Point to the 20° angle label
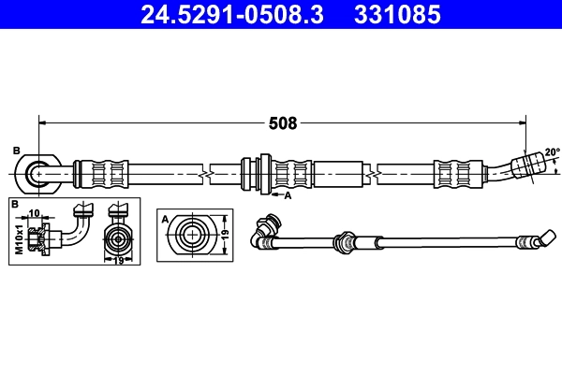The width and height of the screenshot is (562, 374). coord(552,152)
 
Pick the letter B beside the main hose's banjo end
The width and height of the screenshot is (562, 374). coord(16,151)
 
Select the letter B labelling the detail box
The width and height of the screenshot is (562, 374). coord(14,204)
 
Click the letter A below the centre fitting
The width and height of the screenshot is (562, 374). coord(288,195)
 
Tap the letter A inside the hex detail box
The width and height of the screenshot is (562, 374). coord(166,219)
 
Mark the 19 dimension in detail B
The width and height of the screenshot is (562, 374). coord(117,260)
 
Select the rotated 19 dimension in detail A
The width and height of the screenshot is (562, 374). coord(224,232)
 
